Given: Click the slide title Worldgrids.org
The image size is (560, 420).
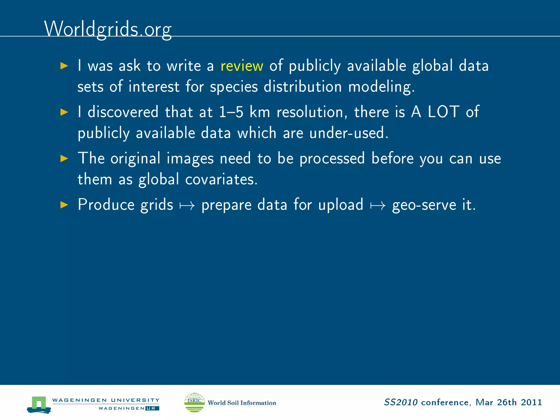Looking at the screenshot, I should click(x=108, y=29).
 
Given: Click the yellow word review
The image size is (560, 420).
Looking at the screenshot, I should click(x=242, y=66).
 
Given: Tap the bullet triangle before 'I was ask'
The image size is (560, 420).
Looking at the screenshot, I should click(x=64, y=66).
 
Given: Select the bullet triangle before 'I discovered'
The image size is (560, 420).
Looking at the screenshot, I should click(x=64, y=112).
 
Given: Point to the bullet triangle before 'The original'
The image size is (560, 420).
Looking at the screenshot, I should click(x=64, y=158).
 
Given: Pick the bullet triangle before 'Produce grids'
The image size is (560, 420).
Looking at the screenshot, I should click(x=64, y=205).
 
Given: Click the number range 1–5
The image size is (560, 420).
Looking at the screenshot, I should click(x=231, y=112).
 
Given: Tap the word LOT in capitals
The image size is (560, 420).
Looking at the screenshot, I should click(x=444, y=112).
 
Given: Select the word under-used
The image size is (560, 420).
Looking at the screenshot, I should click(x=349, y=133).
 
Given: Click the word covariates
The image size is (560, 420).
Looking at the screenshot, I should click(x=221, y=180).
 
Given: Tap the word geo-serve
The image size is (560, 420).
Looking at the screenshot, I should click(x=424, y=205).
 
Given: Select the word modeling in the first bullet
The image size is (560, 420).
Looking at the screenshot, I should click(x=381, y=87).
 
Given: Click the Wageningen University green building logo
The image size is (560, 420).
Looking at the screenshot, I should click(x=39, y=404).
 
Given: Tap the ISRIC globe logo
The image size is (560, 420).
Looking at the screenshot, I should click(x=194, y=402).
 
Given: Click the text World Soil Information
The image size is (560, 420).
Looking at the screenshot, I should click(x=242, y=403).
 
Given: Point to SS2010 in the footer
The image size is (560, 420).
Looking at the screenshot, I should click(x=401, y=402).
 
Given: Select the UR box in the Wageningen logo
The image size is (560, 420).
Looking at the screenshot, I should click(x=152, y=408).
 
